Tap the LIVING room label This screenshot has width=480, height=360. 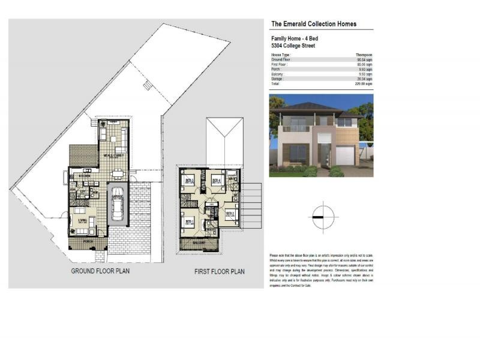[81, 220]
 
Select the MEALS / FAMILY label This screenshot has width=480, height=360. [112, 155]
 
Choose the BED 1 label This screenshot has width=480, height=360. [188, 221]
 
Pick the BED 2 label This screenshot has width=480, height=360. [229, 213]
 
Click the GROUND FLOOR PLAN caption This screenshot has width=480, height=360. [100, 271]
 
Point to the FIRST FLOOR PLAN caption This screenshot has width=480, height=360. [219, 272]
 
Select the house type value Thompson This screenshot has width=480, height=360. [364, 55]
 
